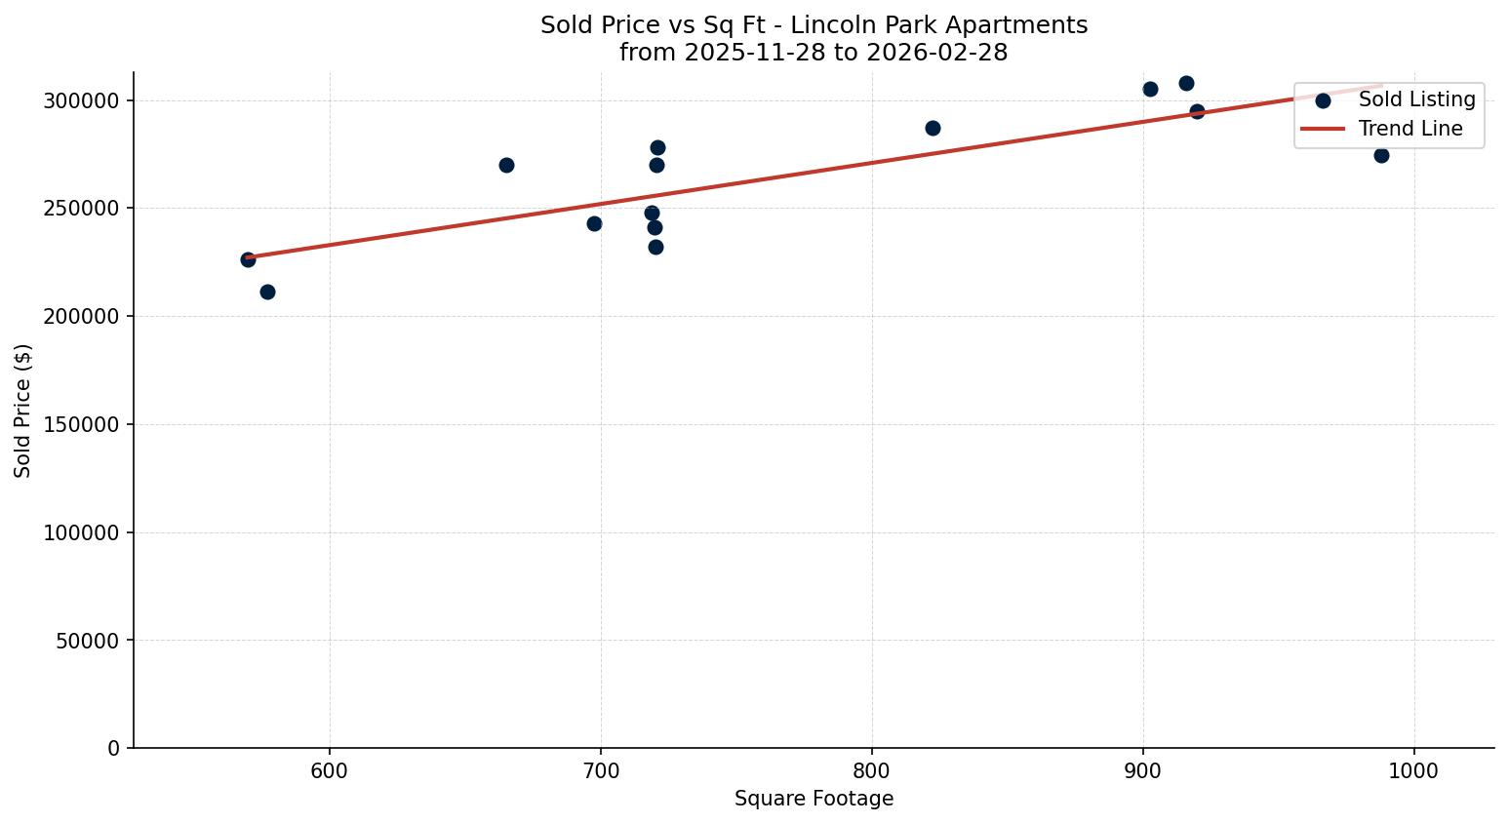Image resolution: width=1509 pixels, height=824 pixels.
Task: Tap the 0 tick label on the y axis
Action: click(113, 748)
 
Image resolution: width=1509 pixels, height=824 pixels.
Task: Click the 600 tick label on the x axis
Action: click(330, 770)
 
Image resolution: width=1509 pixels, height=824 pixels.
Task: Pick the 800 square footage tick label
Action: click(871, 770)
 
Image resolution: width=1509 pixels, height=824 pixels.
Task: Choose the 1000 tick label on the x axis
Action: click(1413, 770)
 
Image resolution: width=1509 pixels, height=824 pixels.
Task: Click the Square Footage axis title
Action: click(814, 800)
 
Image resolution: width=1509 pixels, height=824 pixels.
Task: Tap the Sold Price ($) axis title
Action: click(22, 411)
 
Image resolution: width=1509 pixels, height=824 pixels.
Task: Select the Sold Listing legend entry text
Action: click(1416, 100)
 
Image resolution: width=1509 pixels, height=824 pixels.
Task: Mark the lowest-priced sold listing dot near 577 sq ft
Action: click(267, 292)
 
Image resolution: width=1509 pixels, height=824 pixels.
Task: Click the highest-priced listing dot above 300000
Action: click(1186, 83)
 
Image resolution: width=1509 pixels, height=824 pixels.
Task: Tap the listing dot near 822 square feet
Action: click(933, 128)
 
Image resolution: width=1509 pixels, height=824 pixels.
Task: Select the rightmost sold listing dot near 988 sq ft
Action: click(1381, 155)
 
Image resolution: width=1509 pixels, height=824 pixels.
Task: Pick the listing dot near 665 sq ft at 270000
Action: click(506, 165)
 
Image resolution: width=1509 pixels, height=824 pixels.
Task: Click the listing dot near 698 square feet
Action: click(594, 223)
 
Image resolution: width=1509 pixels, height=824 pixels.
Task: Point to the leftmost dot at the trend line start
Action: click(248, 259)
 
